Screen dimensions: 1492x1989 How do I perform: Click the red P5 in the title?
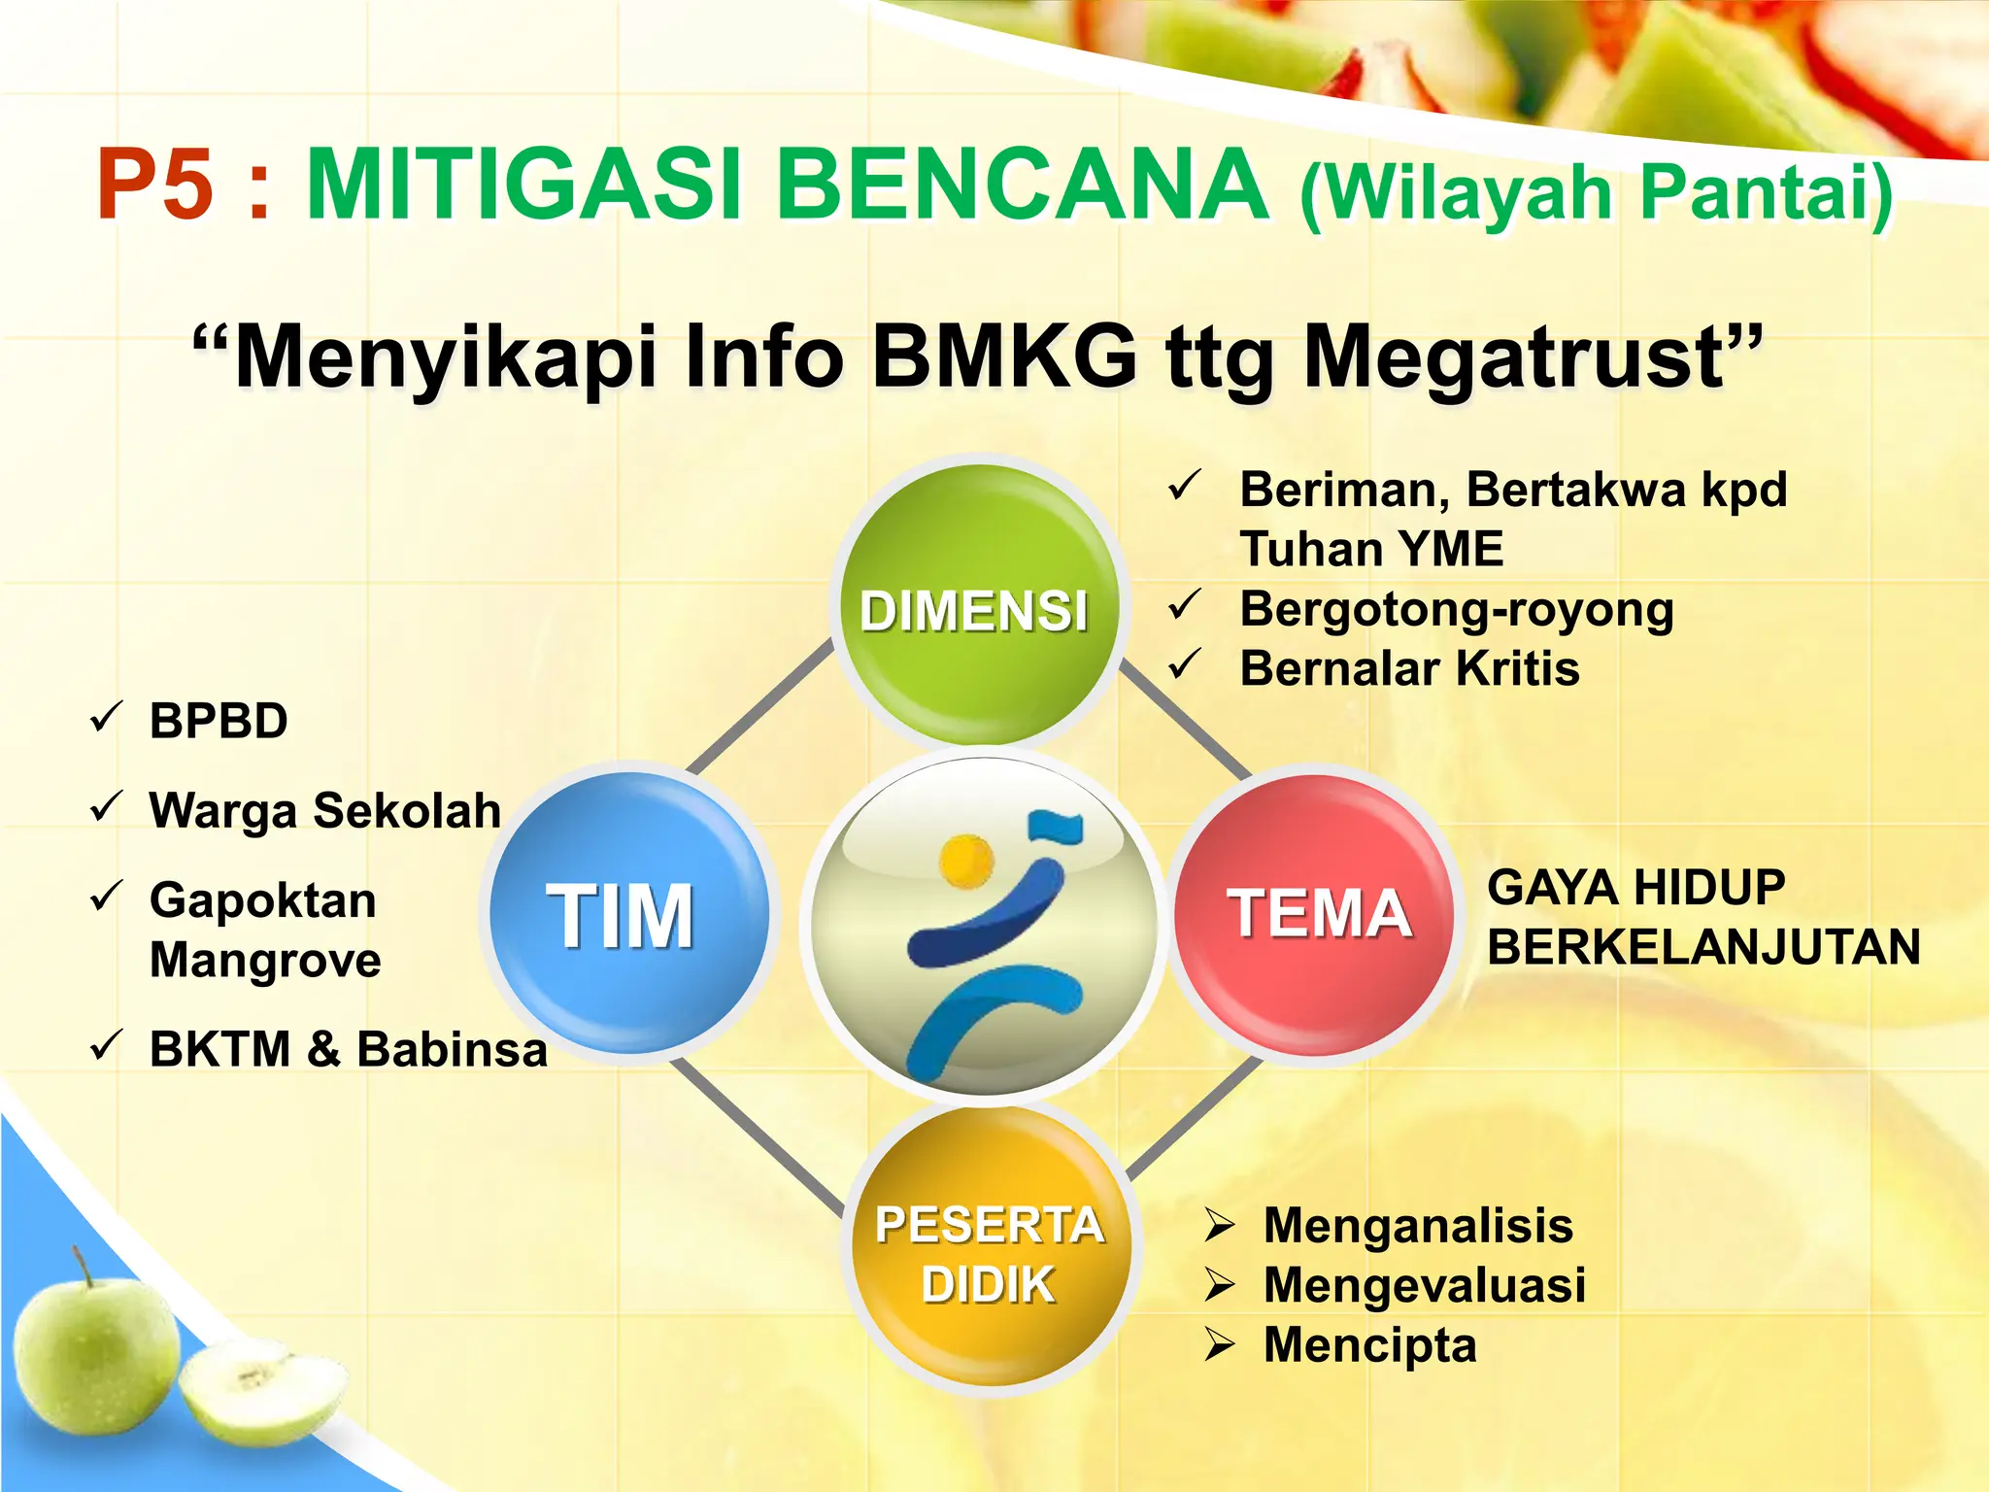(155, 185)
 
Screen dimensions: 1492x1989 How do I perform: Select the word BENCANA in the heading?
(1023, 185)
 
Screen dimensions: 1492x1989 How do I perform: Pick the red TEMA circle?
(1316, 913)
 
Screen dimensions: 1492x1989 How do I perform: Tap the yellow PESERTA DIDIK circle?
(990, 1253)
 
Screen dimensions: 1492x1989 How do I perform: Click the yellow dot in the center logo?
(966, 861)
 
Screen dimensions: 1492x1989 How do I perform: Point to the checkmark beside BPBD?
(106, 719)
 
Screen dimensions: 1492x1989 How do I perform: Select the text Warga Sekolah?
(325, 810)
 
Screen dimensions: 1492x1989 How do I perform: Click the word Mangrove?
(265, 960)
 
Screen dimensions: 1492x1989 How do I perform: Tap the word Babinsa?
(453, 1049)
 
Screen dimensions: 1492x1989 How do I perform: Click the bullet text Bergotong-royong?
(1457, 610)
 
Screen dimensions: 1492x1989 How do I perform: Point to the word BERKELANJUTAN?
(1703, 947)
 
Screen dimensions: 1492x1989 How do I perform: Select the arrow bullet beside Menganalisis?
(1219, 1226)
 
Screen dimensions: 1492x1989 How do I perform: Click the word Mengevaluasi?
(1424, 1285)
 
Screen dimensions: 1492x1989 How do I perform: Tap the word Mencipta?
(1369, 1345)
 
